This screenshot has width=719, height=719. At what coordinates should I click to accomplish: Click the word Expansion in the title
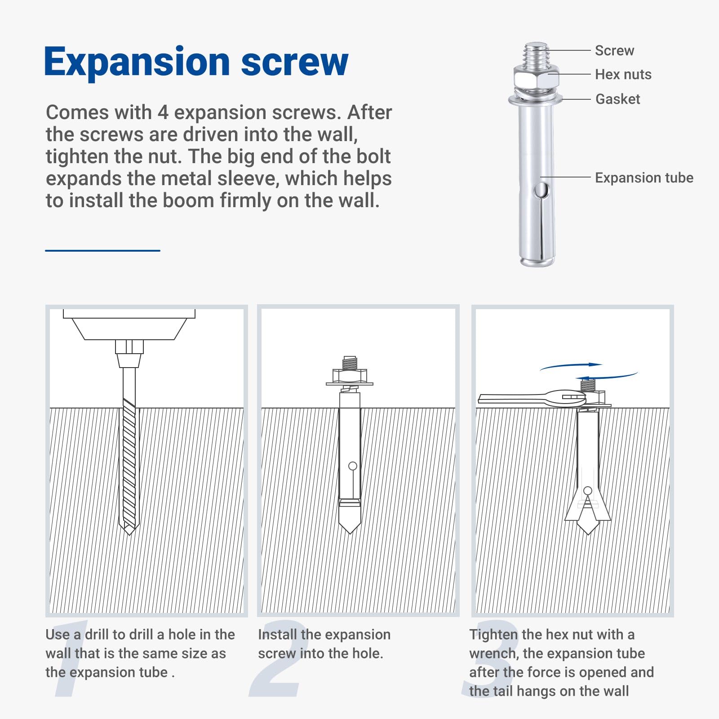click(138, 63)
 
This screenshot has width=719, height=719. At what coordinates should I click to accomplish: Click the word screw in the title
click(295, 63)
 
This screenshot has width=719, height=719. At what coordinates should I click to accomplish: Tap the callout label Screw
click(614, 51)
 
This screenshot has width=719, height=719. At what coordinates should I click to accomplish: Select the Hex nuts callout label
click(623, 75)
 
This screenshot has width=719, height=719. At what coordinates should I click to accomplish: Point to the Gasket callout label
click(617, 99)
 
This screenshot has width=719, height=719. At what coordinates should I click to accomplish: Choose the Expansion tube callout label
click(644, 178)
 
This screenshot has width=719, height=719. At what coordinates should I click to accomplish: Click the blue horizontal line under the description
click(102, 250)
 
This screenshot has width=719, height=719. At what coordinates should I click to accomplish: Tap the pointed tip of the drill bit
click(129, 534)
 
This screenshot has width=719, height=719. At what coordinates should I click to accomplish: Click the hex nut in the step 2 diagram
click(350, 375)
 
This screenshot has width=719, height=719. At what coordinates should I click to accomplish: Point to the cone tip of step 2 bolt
click(350, 520)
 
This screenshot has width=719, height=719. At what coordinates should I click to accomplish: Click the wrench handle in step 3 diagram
click(512, 398)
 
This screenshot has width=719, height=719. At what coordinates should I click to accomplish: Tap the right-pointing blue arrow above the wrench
click(571, 366)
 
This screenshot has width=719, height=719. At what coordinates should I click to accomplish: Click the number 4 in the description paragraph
click(163, 112)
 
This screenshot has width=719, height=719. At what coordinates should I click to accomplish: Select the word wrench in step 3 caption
click(492, 653)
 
